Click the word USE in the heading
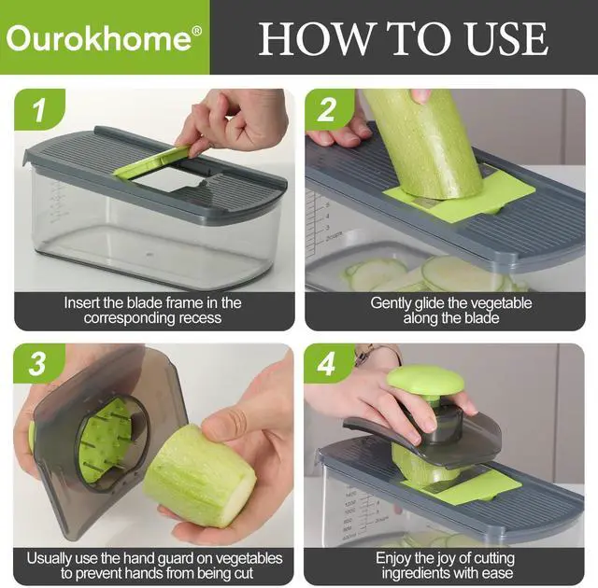506,39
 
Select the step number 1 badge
39,110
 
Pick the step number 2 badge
327,110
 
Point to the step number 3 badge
37,363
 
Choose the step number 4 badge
327,363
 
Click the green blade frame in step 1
152,161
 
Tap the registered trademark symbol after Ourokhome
197,31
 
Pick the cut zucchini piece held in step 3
199,476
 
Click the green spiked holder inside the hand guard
102,439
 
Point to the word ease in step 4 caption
497,573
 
